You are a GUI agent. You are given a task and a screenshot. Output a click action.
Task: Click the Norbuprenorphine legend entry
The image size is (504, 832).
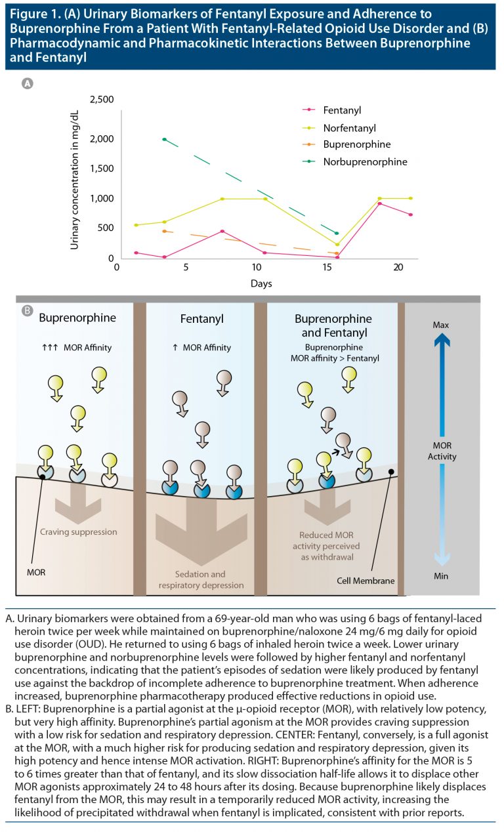point(365,161)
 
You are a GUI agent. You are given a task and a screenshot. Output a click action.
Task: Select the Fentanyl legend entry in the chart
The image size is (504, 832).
point(342,110)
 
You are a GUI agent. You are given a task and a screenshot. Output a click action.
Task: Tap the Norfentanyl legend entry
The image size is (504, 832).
point(348,127)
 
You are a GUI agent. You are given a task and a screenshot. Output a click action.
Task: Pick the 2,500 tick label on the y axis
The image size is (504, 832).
point(102,99)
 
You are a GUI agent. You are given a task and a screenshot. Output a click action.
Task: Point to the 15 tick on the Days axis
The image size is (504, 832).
point(326,268)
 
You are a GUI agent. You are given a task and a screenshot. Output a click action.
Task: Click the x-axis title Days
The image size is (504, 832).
point(261,283)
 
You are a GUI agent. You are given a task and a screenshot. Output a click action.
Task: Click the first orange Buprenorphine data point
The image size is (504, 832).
point(164,231)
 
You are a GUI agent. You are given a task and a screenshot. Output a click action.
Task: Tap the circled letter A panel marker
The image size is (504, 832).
point(28,83)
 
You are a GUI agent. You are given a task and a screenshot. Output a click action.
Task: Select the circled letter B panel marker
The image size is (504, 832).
point(28,310)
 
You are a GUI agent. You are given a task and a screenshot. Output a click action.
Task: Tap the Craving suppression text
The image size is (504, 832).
point(77,532)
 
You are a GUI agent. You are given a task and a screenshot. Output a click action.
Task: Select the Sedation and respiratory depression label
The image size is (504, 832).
point(200,579)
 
